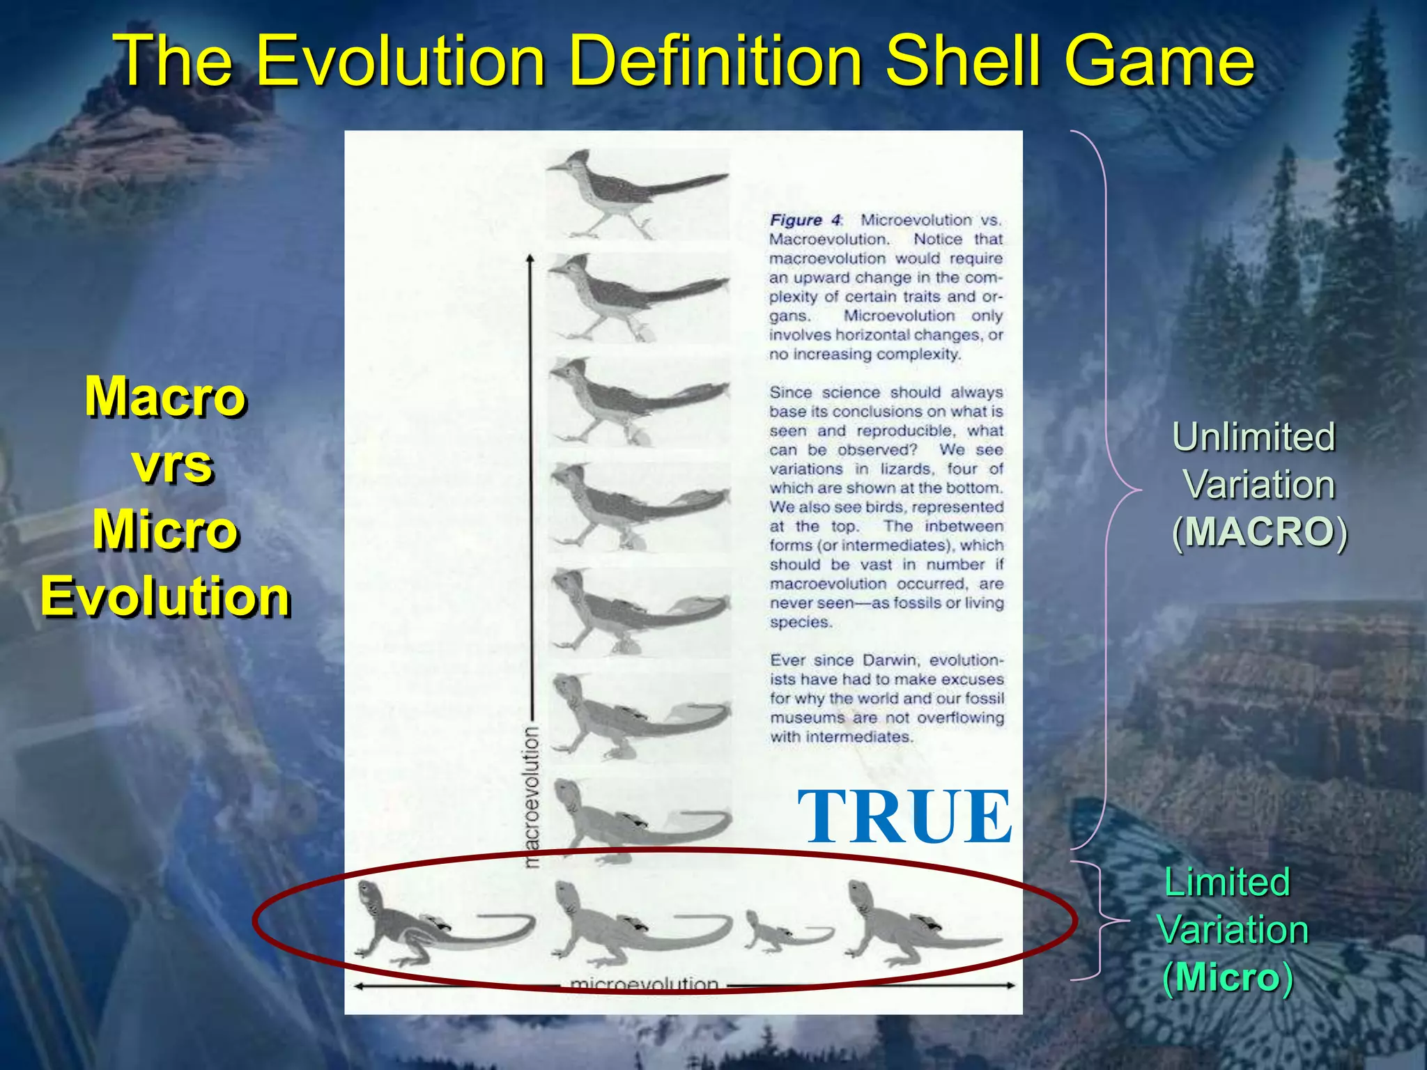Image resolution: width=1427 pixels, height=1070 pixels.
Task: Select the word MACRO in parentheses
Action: click(x=1260, y=532)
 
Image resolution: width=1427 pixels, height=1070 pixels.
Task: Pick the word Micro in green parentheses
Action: click(x=1228, y=977)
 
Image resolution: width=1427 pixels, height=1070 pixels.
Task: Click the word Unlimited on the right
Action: click(x=1254, y=437)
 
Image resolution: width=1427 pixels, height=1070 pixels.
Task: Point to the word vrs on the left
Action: click(x=172, y=465)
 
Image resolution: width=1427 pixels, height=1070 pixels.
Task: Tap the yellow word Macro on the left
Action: click(x=165, y=397)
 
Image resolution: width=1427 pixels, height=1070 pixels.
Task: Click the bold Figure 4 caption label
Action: click(x=805, y=220)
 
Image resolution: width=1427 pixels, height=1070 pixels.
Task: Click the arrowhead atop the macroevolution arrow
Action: click(x=530, y=261)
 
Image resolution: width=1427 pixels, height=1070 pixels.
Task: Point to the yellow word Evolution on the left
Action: click(x=166, y=597)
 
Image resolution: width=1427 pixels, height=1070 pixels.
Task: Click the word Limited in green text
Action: click(x=1226, y=882)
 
